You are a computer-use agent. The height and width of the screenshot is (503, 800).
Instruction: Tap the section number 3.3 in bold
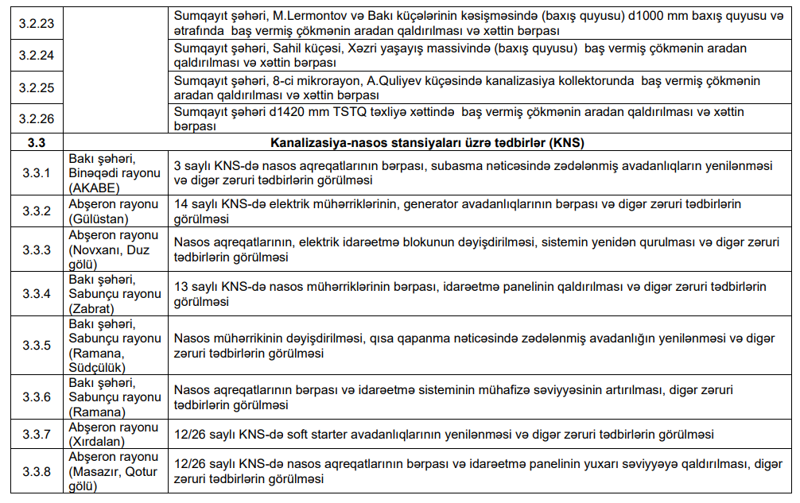35,143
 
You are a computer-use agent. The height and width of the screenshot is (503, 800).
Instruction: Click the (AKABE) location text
95,188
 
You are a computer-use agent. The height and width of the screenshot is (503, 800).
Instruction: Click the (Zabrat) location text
91,308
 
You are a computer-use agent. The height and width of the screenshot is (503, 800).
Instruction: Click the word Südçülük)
99,367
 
